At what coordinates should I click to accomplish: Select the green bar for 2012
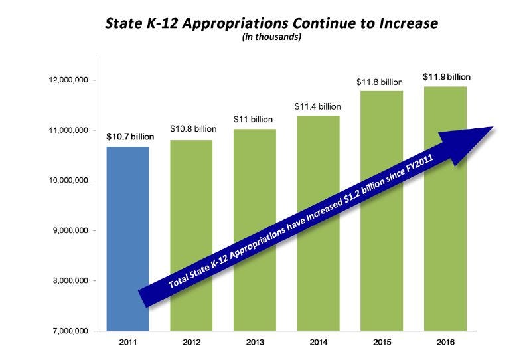pyautogui.click(x=191, y=199)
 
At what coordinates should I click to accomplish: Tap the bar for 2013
pyautogui.click(x=254, y=186)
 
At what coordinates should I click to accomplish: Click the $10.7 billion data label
pyautogui.click(x=129, y=136)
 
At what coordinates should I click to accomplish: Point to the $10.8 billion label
pyautogui.click(x=192, y=128)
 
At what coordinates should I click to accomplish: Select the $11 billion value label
pyautogui.click(x=254, y=119)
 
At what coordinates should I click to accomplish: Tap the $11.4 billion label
pyautogui.click(x=317, y=106)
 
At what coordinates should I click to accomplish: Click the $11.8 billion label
pyautogui.click(x=380, y=82)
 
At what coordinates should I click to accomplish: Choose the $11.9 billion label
pyautogui.click(x=446, y=77)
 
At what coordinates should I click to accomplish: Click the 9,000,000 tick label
pyautogui.click(x=68, y=231)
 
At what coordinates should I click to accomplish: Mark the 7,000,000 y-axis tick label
pyautogui.click(x=68, y=331)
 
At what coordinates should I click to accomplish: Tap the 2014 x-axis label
pyautogui.click(x=317, y=343)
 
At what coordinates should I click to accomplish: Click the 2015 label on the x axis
pyautogui.click(x=381, y=343)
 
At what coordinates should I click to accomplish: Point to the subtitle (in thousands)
pyautogui.click(x=271, y=38)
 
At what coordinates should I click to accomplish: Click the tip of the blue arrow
pyautogui.click(x=493, y=127)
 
